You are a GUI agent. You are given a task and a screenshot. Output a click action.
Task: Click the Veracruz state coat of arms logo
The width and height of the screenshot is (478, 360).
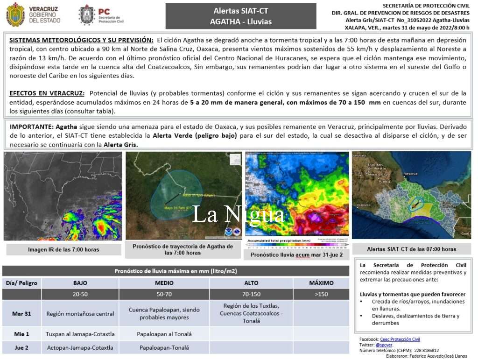pos(15,14)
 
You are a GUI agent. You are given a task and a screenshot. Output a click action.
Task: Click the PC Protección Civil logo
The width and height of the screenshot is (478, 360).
pos(87,14)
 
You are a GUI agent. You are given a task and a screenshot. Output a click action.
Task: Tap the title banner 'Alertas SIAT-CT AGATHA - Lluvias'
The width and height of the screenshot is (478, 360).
pos(240,16)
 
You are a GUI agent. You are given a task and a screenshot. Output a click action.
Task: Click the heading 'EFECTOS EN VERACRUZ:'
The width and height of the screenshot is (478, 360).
pos(47,93)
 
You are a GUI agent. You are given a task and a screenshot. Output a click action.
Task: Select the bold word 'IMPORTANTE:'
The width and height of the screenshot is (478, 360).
pos(31,127)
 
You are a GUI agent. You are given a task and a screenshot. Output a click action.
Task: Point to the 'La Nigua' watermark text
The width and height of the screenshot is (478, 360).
pos(239,214)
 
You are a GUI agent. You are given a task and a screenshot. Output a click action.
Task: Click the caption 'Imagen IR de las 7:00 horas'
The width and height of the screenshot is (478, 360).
pos(63,250)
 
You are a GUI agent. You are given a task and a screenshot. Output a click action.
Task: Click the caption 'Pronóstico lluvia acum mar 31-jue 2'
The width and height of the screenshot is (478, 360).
pos(296,255)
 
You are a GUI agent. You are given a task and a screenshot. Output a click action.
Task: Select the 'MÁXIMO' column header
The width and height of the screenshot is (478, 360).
pos(321,283)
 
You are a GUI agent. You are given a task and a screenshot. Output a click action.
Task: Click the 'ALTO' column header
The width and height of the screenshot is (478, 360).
pos(251,283)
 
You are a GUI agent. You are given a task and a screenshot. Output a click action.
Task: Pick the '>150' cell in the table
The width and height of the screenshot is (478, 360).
pos(321,294)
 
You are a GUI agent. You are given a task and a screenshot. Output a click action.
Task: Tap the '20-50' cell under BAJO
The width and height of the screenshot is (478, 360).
pos(80,294)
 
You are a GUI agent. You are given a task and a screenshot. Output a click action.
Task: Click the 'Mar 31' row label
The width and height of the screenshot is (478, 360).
pos(21,313)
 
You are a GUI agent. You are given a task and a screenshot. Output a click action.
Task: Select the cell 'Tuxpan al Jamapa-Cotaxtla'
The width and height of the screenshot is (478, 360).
pos(80,334)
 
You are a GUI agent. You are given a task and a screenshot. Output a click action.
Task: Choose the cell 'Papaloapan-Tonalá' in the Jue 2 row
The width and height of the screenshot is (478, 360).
pos(164,348)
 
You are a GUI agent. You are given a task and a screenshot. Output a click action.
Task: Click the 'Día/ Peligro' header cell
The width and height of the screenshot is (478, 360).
pos(21,283)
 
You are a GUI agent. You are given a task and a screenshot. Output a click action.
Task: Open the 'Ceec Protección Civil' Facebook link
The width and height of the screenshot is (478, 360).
pos(400,339)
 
